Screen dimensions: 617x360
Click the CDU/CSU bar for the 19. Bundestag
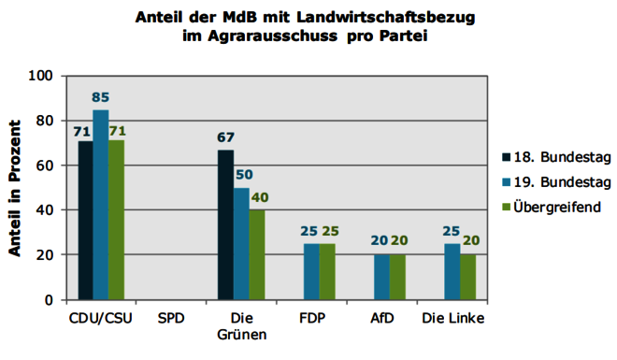click(x=101, y=205)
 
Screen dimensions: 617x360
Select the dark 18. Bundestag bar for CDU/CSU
click(x=85, y=221)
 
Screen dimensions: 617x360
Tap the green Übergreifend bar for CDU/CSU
click(x=117, y=221)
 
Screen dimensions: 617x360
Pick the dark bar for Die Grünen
click(x=225, y=225)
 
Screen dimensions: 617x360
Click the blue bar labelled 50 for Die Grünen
click(x=241, y=244)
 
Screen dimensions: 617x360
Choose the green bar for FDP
click(x=327, y=272)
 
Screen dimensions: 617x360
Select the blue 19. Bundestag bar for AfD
click(x=381, y=278)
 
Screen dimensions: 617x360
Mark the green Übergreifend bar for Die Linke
click(x=467, y=278)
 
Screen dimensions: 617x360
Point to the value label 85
click(x=100, y=97)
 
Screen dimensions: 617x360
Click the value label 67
click(x=225, y=137)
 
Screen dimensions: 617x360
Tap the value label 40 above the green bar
click(x=260, y=197)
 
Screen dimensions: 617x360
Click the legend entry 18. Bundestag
click(x=556, y=157)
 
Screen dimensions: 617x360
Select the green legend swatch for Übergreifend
click(x=506, y=207)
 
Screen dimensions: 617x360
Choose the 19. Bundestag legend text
click(x=562, y=182)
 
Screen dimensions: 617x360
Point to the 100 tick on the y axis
click(x=40, y=76)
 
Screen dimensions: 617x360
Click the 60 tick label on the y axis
click(x=45, y=166)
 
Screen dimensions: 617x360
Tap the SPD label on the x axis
click(x=171, y=318)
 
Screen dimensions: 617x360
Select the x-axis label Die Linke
click(x=452, y=318)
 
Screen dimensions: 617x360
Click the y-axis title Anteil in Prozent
click(x=15, y=189)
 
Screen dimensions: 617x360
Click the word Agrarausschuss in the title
click(x=272, y=36)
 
